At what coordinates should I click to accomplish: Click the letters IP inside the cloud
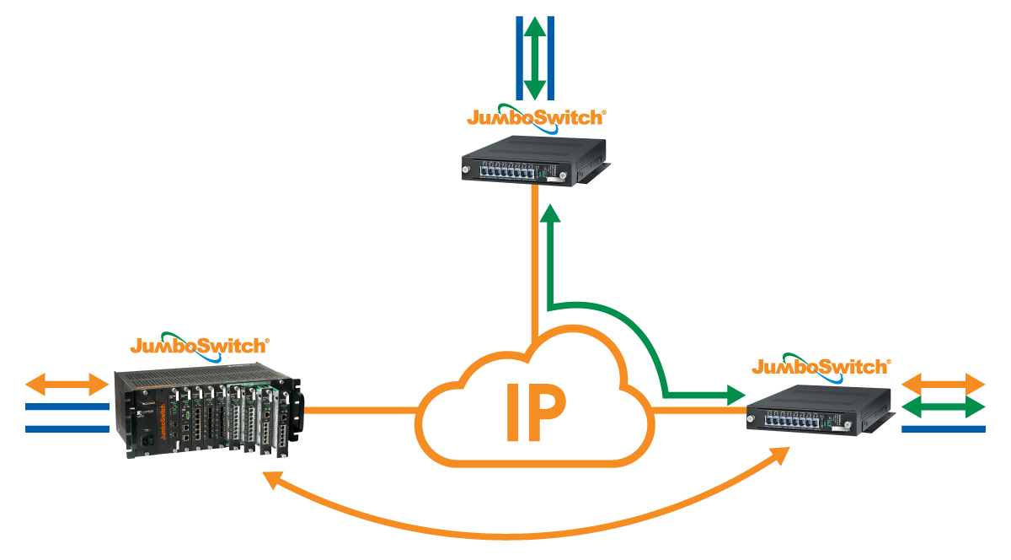point(535,412)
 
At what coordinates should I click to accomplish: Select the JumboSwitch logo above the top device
point(537,116)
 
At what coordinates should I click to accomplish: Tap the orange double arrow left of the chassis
point(67,385)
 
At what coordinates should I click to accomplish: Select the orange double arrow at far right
point(944,384)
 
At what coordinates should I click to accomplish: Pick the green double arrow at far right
point(944,407)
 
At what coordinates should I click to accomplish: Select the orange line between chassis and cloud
point(362,411)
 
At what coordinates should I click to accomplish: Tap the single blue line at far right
point(944,429)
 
